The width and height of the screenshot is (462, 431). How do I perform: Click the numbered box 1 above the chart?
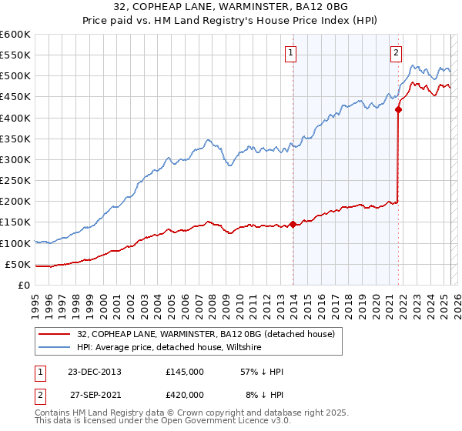(x=291, y=53)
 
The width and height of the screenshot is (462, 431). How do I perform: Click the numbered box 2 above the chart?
(x=396, y=53)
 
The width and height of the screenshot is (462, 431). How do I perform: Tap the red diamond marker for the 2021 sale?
(x=398, y=109)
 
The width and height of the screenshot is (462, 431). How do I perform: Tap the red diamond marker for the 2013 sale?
(x=293, y=225)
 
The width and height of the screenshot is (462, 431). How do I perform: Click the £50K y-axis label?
(x=18, y=264)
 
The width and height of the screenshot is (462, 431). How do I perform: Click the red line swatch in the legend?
(x=54, y=334)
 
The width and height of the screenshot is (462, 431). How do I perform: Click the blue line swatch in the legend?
(x=54, y=348)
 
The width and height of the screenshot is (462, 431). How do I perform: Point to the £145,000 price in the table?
(x=185, y=372)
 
